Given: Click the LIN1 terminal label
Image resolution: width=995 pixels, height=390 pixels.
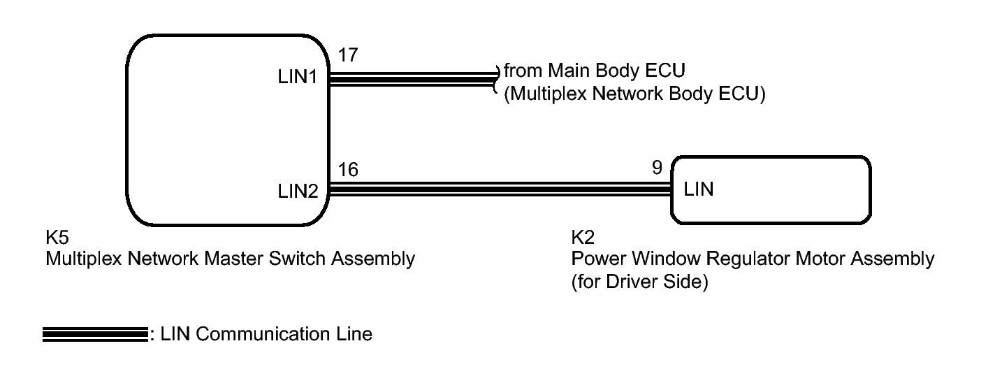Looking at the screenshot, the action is pos(298,77).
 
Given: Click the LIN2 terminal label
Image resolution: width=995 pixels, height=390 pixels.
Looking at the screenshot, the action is pos(298,192).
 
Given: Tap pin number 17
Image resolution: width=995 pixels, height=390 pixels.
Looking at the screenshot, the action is pos(348,55).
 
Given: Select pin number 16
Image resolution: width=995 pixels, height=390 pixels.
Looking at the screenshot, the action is pos(348,170).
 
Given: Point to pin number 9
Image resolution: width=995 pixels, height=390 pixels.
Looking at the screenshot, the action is pos(658,168).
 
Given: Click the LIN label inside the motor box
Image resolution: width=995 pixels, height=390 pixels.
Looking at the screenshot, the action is pos(699,189).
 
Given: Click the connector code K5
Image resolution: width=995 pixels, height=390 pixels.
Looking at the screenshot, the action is pos(57,238).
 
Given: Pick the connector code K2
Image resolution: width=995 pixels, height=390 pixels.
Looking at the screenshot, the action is pos(583,238).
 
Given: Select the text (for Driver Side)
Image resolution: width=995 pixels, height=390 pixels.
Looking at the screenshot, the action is pos(639,282).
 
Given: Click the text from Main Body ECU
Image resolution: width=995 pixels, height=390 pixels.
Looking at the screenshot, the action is pos(595,71).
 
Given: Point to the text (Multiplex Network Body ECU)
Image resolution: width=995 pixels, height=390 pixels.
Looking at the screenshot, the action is pos(634,94).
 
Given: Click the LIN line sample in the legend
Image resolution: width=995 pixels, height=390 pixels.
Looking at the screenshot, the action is pos(95,335).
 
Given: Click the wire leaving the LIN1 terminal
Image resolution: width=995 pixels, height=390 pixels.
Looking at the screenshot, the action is pos(413,79).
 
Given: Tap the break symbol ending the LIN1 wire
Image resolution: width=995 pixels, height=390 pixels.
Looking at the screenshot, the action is pos(497,79).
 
